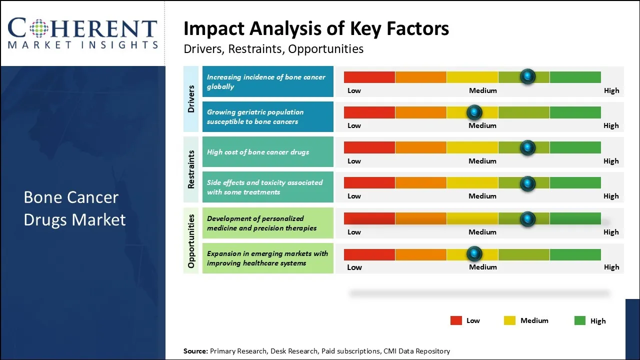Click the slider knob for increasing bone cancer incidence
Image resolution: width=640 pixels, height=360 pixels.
[527, 76]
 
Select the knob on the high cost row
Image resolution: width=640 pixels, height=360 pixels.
[527, 147]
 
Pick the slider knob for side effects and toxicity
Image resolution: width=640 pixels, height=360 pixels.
[527, 183]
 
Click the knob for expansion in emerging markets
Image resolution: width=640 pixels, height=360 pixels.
[474, 253]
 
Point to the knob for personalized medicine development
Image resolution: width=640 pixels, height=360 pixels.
[527, 219]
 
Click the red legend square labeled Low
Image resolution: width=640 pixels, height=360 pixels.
[456, 320]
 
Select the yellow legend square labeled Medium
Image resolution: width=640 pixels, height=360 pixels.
[509, 320]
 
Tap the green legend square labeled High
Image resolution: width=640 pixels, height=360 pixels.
[580, 320]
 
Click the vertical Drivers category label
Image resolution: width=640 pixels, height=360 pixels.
[191, 99]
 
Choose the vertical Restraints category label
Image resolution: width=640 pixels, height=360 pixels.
[191, 169]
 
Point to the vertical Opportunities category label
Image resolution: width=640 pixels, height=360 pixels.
[191, 241]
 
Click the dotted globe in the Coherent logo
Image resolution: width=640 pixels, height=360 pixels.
[39, 28]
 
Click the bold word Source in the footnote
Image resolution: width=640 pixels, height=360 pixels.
[195, 351]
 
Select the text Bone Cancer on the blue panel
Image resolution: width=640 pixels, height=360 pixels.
[71, 197]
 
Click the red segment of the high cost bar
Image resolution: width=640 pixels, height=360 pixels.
[369, 147]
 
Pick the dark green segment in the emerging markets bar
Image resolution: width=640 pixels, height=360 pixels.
[575, 254]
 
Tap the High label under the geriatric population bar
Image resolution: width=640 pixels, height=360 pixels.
[611, 125]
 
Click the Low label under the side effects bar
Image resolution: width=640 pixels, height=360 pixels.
[354, 196]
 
